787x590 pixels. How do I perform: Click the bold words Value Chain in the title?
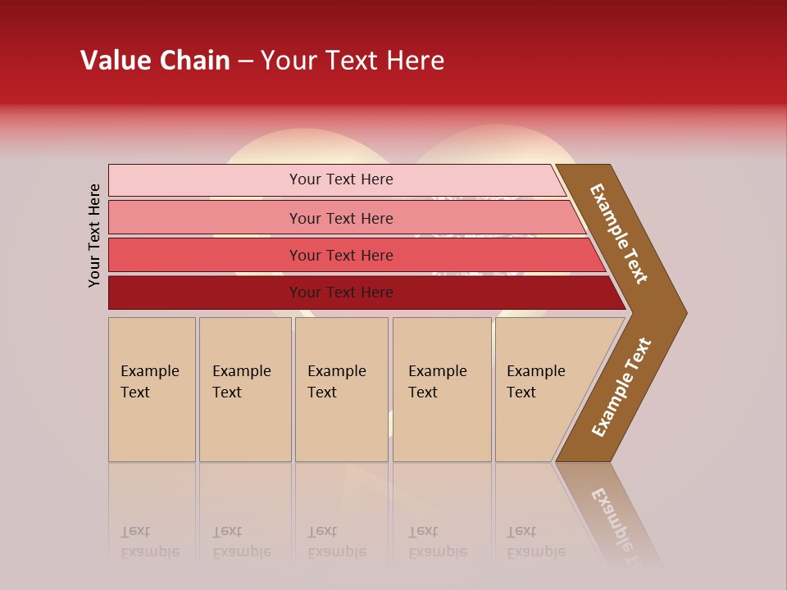click(x=155, y=61)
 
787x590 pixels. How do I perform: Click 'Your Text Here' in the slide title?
click(x=353, y=61)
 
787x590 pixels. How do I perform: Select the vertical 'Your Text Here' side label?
click(x=95, y=235)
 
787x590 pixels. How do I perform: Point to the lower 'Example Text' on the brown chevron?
click(x=621, y=388)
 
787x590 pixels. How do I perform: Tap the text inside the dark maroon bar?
click(x=341, y=293)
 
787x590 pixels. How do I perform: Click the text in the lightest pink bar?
click(x=341, y=179)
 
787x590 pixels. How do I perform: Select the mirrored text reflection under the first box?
click(x=150, y=542)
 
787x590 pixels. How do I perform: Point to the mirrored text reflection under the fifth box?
click(x=536, y=542)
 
